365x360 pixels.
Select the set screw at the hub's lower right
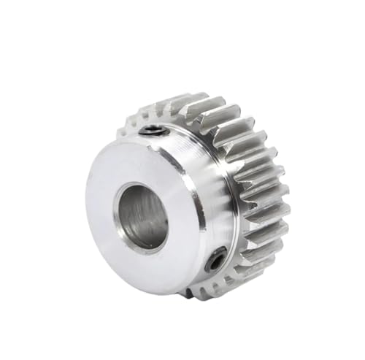tap(218, 258)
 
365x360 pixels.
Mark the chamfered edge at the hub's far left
tap(88, 212)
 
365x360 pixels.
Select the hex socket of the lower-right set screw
tap(218, 258)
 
